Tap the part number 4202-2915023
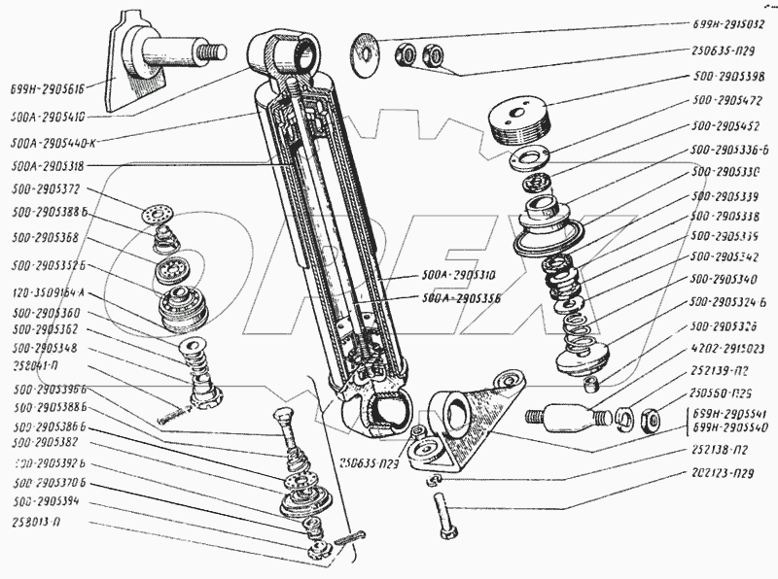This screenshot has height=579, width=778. click(x=722, y=348)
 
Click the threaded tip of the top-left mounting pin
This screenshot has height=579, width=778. click(x=211, y=49)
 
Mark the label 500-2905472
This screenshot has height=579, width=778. click(x=722, y=101)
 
